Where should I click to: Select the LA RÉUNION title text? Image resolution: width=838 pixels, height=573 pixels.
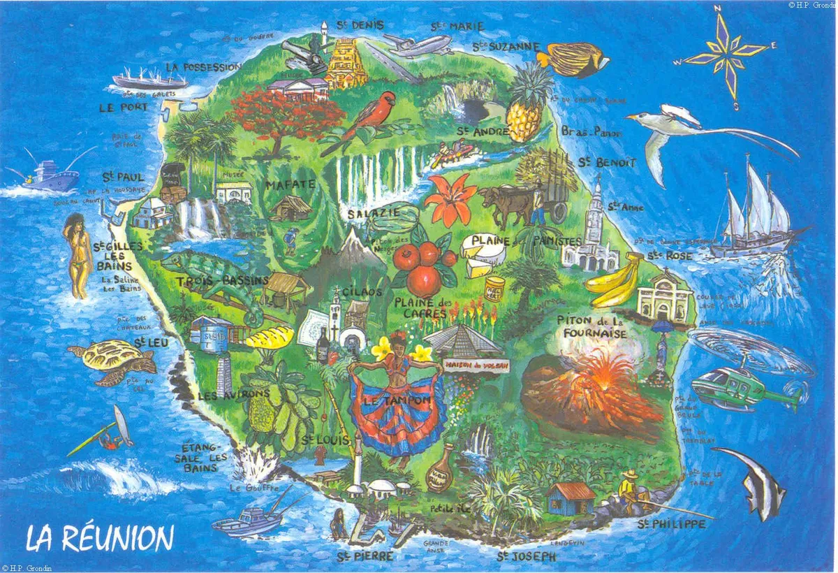click(x=99, y=537)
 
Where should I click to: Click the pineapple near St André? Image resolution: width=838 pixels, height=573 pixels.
click(x=529, y=105)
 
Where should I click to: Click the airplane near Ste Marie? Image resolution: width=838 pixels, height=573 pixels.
click(x=418, y=45)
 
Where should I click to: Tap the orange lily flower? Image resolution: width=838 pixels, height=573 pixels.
click(x=450, y=199)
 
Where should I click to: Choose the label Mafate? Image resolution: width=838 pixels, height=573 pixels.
click(x=290, y=184)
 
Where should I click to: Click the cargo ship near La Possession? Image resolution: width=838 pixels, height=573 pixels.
click(x=150, y=78)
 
